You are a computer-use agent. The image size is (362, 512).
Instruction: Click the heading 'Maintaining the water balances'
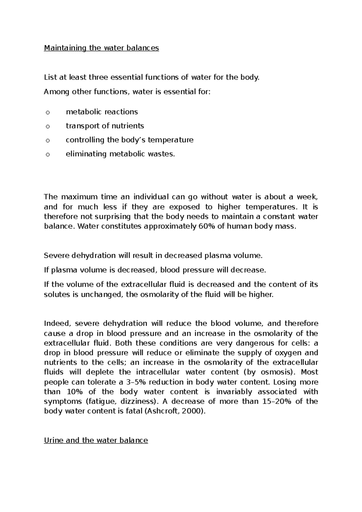(101, 48)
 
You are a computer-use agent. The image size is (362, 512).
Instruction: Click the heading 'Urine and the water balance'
(96, 440)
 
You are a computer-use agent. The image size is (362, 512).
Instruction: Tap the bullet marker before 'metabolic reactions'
(47, 113)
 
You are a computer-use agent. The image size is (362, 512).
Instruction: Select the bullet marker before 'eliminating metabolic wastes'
(47, 155)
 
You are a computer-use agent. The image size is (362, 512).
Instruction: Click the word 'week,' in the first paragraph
(308, 197)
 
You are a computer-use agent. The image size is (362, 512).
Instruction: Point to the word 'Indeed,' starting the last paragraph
(57, 324)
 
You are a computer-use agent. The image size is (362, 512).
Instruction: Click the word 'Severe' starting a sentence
(56, 256)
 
